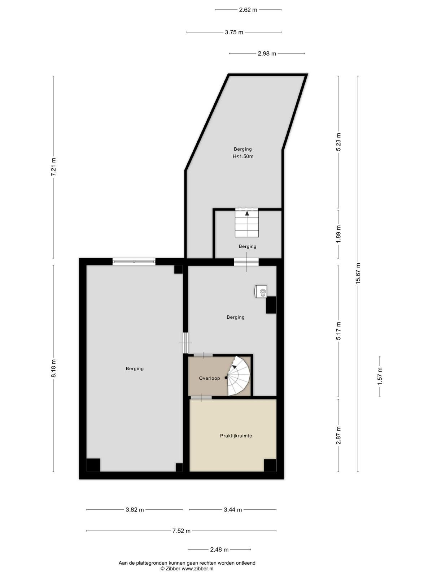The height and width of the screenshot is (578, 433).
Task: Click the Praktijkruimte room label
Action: (236, 436)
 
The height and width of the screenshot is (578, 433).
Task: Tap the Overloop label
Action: (209, 378)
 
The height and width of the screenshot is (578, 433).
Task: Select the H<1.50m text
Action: (242, 156)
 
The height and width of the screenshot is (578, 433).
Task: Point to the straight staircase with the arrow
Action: (247, 223)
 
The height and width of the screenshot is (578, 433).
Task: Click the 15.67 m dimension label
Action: (358, 273)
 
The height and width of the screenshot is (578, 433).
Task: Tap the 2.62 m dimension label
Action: (248, 10)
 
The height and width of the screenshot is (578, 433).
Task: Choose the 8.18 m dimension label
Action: (53, 368)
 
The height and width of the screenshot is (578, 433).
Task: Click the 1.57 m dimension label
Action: (380, 376)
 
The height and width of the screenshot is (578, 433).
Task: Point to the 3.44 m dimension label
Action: (233, 509)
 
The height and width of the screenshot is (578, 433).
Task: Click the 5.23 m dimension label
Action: (338, 142)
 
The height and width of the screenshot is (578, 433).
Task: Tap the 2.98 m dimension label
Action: (267, 54)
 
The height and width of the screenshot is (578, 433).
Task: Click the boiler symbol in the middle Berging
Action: (261, 291)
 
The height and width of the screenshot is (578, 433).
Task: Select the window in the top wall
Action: (134, 262)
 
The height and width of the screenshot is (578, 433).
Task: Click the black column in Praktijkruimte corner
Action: (270, 465)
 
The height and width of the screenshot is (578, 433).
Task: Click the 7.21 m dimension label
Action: (53, 167)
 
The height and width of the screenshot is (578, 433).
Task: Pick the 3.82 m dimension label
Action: (135, 509)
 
